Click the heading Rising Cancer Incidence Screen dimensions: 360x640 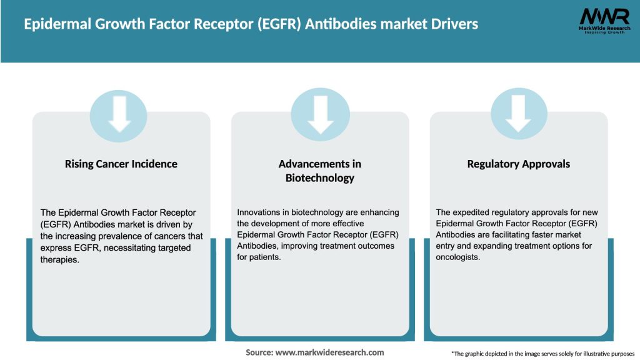[x=121, y=164]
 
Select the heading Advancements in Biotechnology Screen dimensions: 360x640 [x=320, y=171]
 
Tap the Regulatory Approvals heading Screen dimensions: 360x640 [x=519, y=164]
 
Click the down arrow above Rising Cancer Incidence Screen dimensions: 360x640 [x=119, y=115]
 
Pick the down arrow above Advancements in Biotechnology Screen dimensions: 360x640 [x=320, y=115]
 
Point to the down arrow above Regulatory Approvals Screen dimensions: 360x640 [x=519, y=115]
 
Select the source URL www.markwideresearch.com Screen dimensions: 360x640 [x=329, y=352]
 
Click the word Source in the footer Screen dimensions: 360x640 [x=259, y=352]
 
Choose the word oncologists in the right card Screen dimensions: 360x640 [x=458, y=257]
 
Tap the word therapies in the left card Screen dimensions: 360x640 [x=60, y=260]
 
